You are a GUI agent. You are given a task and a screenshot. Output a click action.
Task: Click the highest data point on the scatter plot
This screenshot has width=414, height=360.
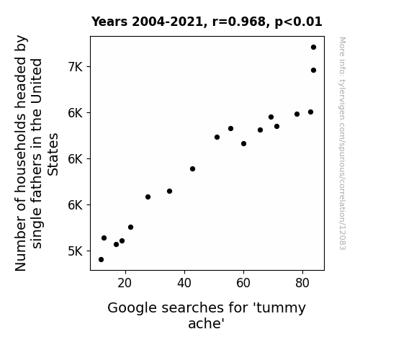click(x=313, y=48)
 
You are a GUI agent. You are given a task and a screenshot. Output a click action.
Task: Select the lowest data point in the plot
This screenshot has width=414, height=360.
click(x=101, y=260)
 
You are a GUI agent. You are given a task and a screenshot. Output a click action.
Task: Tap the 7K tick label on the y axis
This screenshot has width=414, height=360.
click(x=76, y=67)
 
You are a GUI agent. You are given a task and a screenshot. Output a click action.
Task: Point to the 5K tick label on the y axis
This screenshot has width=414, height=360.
click(x=76, y=251)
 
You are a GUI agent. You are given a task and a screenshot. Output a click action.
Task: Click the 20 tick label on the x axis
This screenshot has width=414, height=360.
click(x=125, y=283)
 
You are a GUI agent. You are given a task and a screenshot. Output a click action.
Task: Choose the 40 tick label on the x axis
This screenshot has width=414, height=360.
click(x=184, y=283)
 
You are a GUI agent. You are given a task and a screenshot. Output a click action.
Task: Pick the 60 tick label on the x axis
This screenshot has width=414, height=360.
click(x=243, y=283)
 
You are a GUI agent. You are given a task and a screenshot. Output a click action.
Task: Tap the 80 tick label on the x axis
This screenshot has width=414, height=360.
click(x=302, y=283)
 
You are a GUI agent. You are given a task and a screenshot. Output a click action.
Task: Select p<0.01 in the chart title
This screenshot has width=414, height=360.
click(x=298, y=22)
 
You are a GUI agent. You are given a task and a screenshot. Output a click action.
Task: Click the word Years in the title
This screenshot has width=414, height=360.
click(x=109, y=22)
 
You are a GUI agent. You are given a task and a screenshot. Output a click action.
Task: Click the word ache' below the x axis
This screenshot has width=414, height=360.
click(x=206, y=323)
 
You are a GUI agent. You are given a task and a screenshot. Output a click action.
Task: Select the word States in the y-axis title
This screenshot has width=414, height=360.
click(x=53, y=155)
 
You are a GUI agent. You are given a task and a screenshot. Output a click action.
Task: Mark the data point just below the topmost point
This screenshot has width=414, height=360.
click(x=313, y=71)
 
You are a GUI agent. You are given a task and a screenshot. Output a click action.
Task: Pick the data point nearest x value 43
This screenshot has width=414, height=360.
click(x=192, y=168)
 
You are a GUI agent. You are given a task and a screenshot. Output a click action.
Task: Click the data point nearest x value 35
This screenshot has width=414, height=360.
click(x=169, y=192)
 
